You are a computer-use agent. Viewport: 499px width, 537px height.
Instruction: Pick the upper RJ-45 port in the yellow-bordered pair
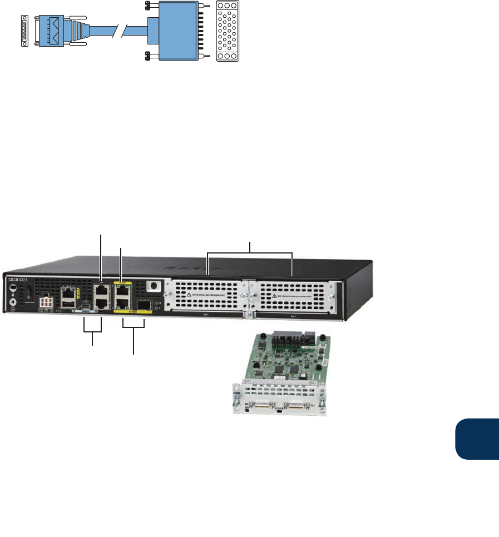pos(122,291)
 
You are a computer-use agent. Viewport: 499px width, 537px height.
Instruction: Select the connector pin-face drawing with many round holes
pos(227,31)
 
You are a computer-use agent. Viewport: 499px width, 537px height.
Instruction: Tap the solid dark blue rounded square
pos(477,440)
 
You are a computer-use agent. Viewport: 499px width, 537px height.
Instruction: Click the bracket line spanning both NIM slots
pos(250,253)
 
